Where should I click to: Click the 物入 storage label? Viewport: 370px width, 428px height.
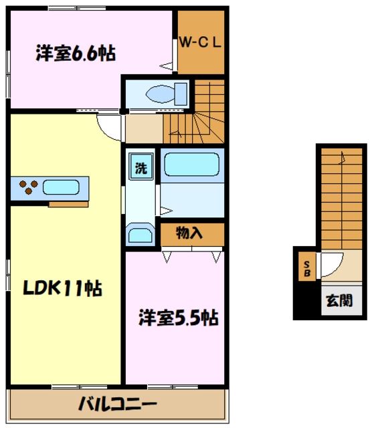(190, 233)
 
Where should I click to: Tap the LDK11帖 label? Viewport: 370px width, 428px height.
(64, 289)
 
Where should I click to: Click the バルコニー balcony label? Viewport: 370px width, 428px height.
(117, 405)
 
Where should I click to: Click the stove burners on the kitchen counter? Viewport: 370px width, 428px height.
(28, 188)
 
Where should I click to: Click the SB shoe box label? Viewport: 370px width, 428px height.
(306, 267)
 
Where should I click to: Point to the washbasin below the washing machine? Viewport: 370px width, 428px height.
(140, 234)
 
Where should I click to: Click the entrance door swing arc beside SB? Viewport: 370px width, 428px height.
(332, 263)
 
